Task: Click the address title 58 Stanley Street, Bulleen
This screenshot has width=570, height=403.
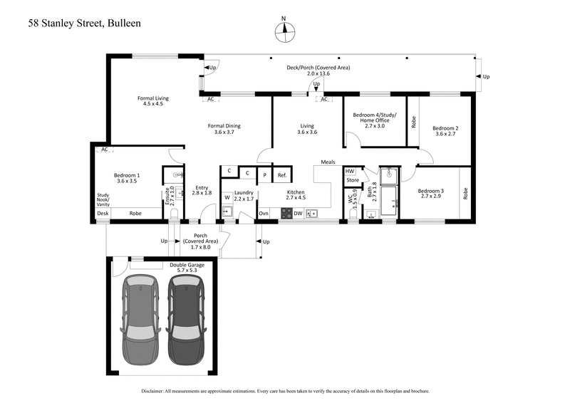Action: click(85, 23)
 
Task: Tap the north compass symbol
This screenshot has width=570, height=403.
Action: click(284, 29)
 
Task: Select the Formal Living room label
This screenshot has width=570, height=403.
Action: click(150, 100)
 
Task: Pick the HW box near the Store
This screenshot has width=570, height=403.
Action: click(350, 171)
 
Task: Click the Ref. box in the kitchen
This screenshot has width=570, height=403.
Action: click(281, 174)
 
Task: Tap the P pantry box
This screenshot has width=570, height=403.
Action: click(264, 174)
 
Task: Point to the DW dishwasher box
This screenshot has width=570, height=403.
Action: click(298, 213)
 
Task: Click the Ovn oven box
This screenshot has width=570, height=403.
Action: click(264, 213)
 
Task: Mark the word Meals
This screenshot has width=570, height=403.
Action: click(328, 162)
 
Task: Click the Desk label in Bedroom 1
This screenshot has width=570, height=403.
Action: click(103, 213)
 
